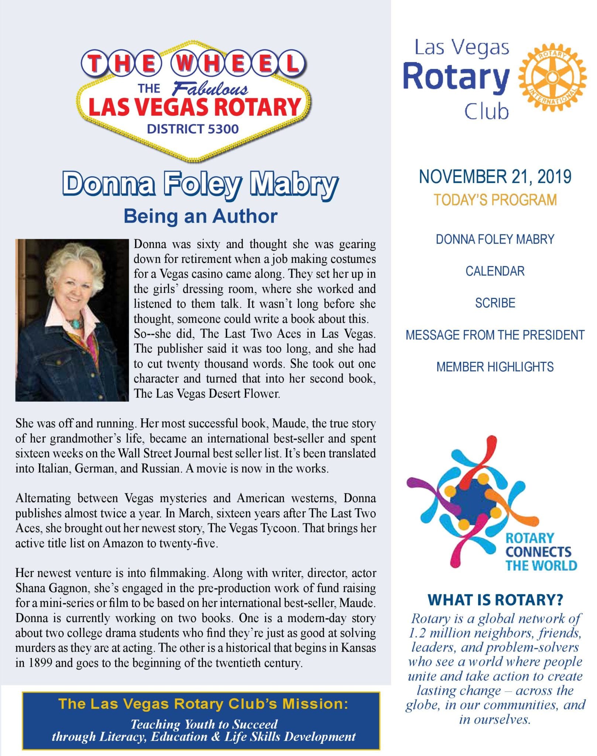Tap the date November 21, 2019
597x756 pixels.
pyautogui.click(x=495, y=176)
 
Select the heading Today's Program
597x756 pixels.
pyautogui.click(x=495, y=200)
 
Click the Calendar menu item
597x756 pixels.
pyautogui.click(x=495, y=271)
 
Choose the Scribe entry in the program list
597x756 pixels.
pyautogui.click(x=495, y=303)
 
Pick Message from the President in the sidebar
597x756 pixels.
pyautogui.click(x=495, y=335)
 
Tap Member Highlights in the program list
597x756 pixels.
pyautogui.click(x=495, y=367)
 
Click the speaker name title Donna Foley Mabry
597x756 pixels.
pyautogui.click(x=200, y=184)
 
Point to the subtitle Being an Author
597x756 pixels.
pyautogui.click(x=200, y=216)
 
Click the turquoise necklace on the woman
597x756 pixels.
pyautogui.click(x=76, y=324)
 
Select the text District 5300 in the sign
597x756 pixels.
pyautogui.click(x=193, y=129)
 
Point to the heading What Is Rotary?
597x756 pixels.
pyautogui.click(x=495, y=600)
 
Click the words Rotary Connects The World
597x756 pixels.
pyautogui.click(x=541, y=551)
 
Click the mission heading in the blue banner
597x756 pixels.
pyautogui.click(x=203, y=704)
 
